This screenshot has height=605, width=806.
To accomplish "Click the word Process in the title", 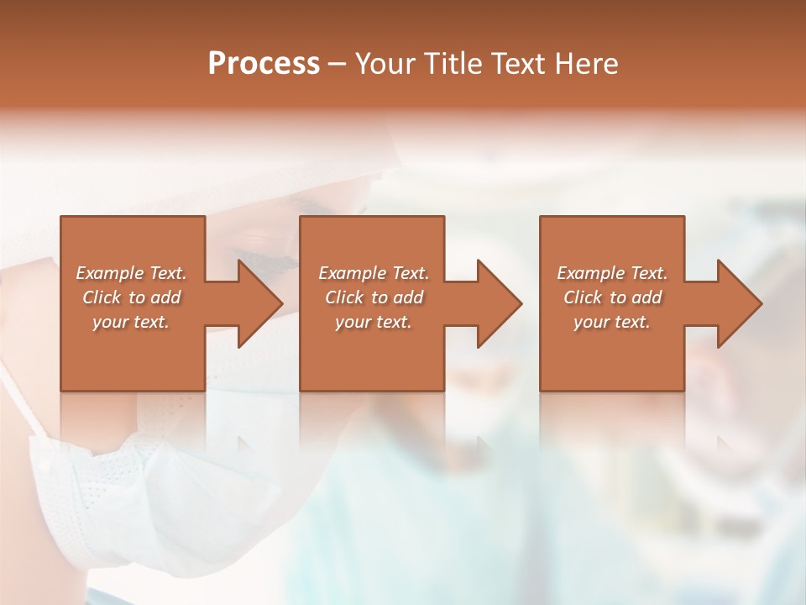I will point(264,64).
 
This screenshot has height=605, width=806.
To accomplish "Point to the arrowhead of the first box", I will point(256,303).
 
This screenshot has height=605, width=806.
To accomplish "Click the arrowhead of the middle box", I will point(496,303).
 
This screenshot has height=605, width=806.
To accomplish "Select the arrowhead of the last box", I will point(736,303).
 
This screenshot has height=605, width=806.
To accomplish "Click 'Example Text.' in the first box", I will point(131,273).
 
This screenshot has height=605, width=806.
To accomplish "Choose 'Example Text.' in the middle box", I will point(374,273).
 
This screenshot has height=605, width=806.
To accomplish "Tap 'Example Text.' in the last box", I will point(612,273).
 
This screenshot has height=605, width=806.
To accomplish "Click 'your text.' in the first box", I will point(131,322).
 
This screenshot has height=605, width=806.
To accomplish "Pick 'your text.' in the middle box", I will point(374,322).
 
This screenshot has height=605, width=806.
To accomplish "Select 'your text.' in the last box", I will point(612,322).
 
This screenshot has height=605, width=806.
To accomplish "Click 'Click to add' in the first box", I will point(131,297).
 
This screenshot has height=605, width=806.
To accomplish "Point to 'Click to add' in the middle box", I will point(374,297).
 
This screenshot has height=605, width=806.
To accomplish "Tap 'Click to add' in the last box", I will point(612,297).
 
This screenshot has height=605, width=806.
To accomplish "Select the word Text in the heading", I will point(514,64).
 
